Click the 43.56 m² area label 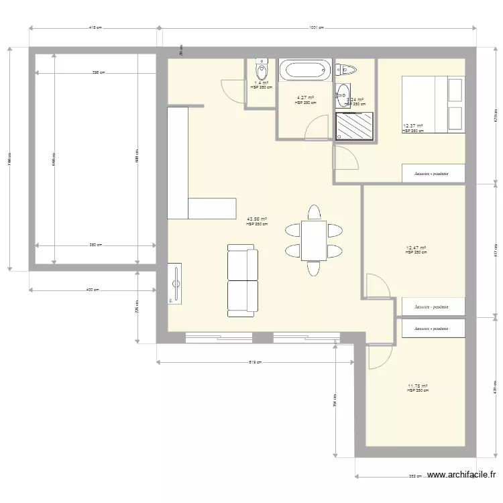(x=257, y=219)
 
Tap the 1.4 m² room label (x=261, y=84)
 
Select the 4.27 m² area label (x=305, y=98)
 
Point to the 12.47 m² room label (x=416, y=248)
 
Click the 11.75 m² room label (x=417, y=386)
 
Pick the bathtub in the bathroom (x=305, y=69)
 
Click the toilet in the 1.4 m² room (x=261, y=69)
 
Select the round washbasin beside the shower (x=343, y=93)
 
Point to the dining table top (x=313, y=240)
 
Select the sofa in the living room (x=242, y=281)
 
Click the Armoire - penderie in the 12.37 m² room (x=433, y=173)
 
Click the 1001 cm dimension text (x=317, y=28)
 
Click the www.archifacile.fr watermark (x=461, y=475)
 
